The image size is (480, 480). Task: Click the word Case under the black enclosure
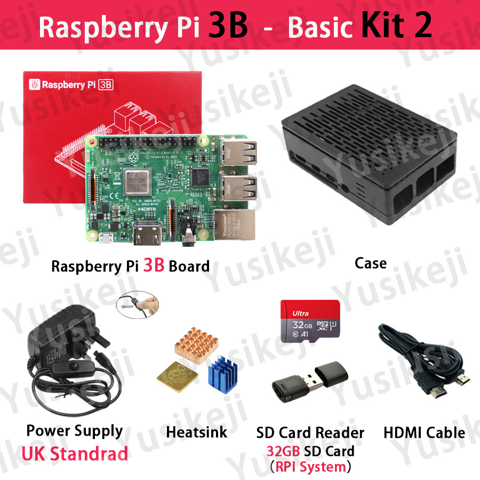pos(371,262)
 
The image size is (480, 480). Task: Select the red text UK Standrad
pos(75,453)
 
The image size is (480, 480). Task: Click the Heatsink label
pos(197,431)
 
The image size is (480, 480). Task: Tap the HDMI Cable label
pos(424,433)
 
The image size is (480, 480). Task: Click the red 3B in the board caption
pos(154,266)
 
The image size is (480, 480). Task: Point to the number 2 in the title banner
pos(422,26)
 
